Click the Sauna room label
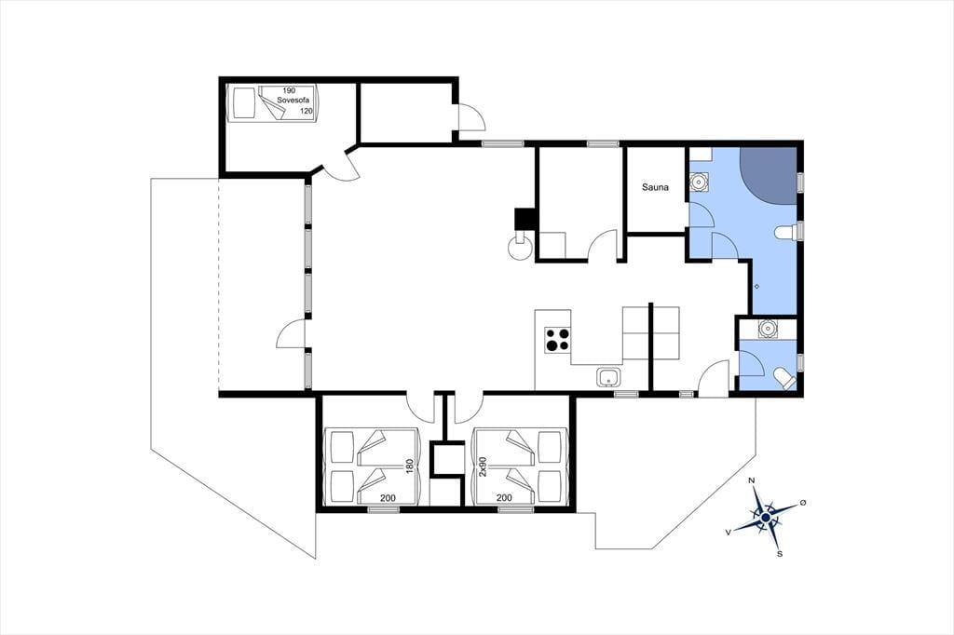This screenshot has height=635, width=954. coord(655,187)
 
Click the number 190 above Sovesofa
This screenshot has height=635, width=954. coord(289,90)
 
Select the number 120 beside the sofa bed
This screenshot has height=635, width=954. coord(307,111)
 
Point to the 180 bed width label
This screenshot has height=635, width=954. coord(410,466)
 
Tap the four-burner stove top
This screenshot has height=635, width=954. coord(558,340)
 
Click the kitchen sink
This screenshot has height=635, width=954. coord(608,377)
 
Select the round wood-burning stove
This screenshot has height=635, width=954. coord(521,247)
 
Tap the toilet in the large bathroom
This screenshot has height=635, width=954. coord(786,233)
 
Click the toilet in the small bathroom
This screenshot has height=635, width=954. coord(784,378)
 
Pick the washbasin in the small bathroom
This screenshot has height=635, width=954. coord(768,329)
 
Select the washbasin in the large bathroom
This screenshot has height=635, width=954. coord(699,182)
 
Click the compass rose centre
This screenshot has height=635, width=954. coord(766,518)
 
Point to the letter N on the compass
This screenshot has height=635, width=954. coord(752,481)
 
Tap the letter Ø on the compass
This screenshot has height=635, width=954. coord(803,502)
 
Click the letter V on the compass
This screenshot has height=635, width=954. coord(729,532)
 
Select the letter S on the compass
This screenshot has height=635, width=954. coord(780,553)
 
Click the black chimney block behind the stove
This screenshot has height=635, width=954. coord(525,219)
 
